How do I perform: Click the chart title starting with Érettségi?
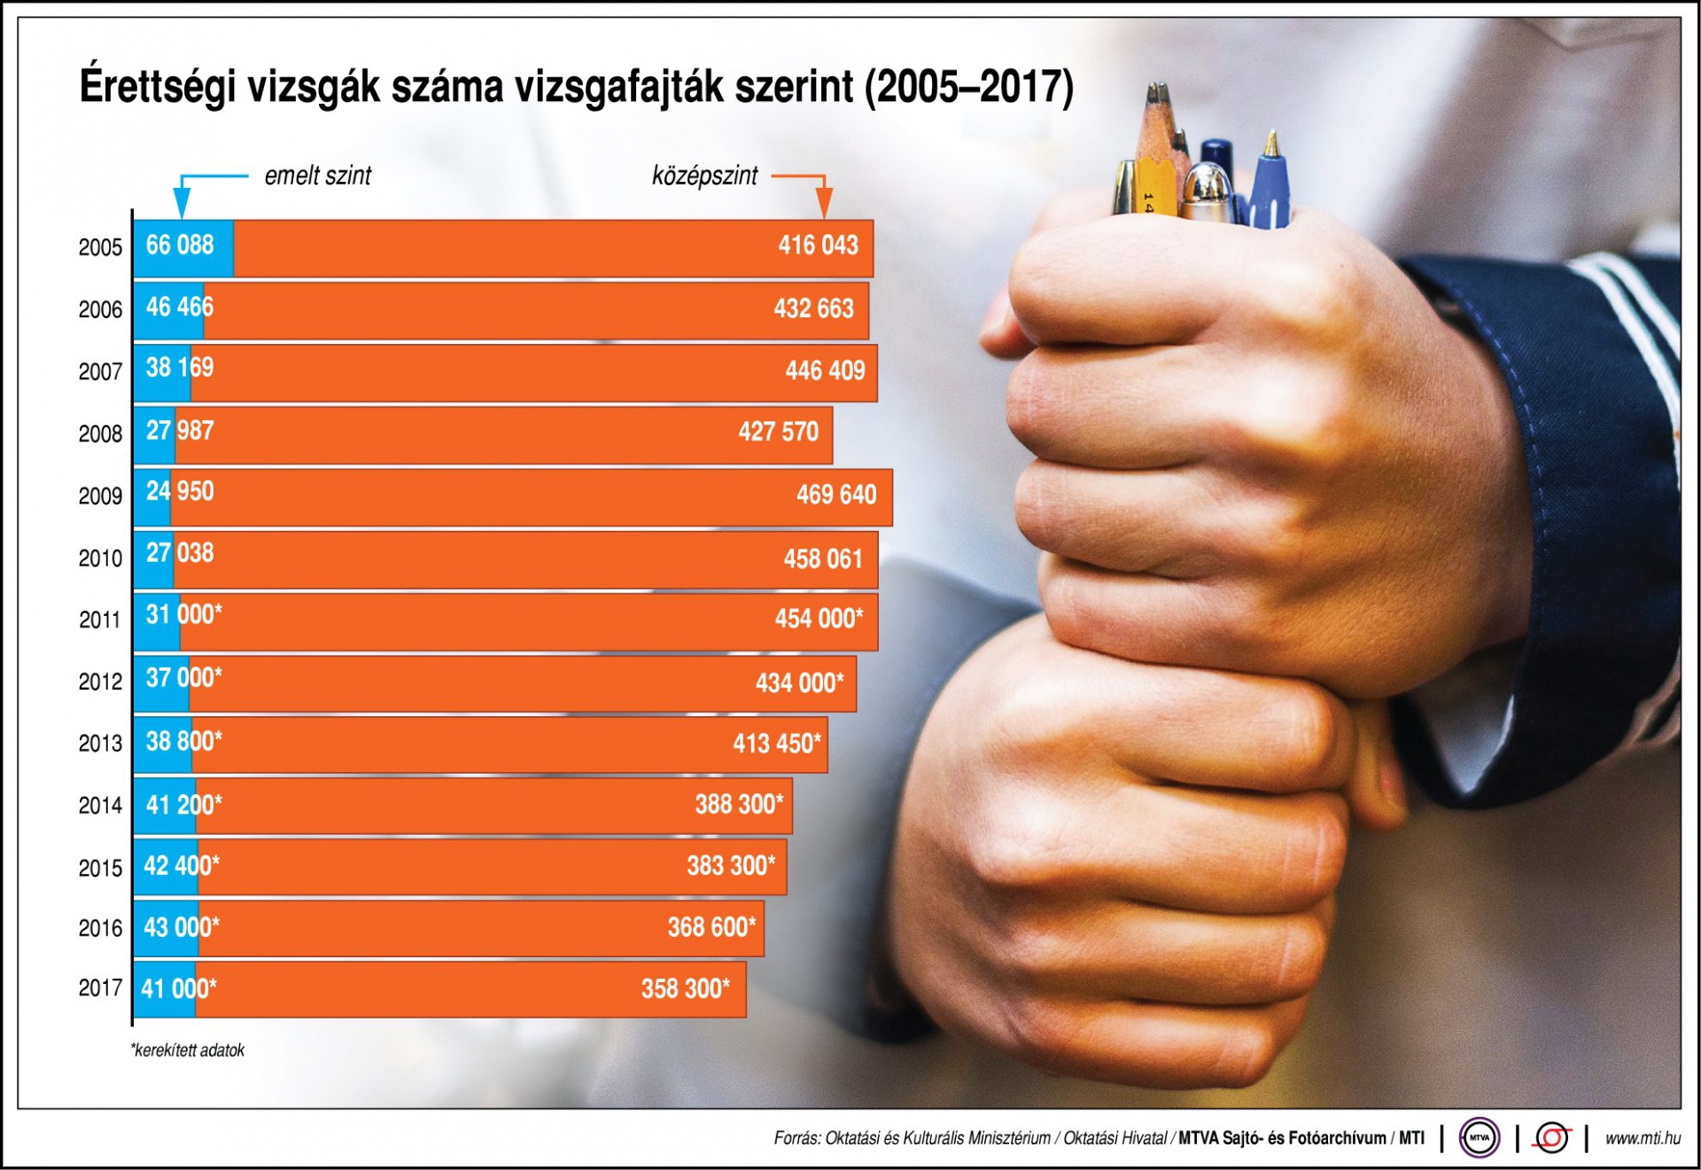click(x=576, y=87)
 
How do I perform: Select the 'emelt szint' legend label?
click(x=318, y=175)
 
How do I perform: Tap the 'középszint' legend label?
click(x=704, y=175)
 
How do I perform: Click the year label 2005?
click(x=100, y=247)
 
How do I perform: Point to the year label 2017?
click(x=100, y=987)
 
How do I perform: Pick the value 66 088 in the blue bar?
click(x=180, y=245)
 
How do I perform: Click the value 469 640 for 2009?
click(x=835, y=495)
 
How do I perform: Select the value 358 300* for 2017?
click(x=685, y=988)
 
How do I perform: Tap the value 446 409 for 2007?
click(x=825, y=370)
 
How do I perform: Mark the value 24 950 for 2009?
click(x=180, y=491)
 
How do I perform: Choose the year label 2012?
click(x=100, y=682)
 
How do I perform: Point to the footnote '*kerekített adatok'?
click(x=188, y=1050)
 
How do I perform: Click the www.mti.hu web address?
click(x=1643, y=1138)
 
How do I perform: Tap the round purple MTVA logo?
click(x=1479, y=1138)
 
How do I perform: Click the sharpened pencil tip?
click(x=1156, y=96)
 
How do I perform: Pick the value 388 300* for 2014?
click(x=739, y=804)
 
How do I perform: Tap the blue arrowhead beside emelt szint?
click(x=182, y=206)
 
